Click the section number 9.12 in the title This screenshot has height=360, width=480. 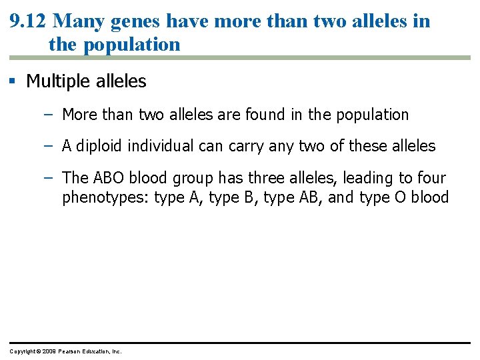click(28, 21)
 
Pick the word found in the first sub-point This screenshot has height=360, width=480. click(265, 115)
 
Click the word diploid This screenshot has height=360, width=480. click(99, 146)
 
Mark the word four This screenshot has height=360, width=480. click(433, 178)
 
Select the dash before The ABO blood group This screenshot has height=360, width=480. click(48, 178)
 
